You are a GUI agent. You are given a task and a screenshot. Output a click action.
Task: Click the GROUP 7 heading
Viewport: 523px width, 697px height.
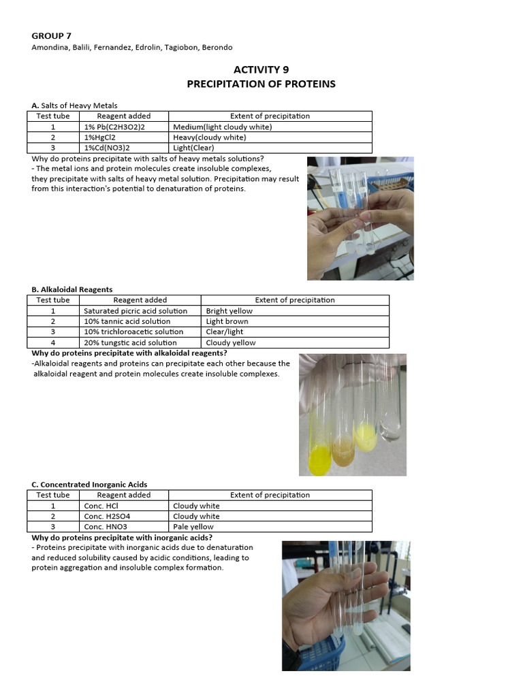[x=51, y=35]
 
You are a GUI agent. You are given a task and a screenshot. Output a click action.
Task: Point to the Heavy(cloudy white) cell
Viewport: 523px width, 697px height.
[x=210, y=137]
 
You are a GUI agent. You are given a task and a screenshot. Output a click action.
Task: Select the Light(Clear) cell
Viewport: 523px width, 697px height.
[x=196, y=148]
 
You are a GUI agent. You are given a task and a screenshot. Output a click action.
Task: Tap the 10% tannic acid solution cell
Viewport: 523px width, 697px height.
[x=127, y=321]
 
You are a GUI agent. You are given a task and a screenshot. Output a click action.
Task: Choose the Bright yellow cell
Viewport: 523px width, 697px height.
[x=229, y=310]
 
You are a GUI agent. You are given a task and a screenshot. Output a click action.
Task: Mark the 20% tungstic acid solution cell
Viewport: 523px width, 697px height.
[x=130, y=343]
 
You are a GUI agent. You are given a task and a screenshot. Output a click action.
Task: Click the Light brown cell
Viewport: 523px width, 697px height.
[x=227, y=321]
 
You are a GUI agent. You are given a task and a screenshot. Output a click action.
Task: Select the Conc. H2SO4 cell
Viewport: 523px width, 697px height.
[x=105, y=516]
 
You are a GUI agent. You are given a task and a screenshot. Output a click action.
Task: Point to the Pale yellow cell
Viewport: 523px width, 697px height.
[x=193, y=527]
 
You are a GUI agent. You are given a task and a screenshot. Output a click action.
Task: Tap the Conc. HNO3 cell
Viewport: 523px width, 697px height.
[x=103, y=527]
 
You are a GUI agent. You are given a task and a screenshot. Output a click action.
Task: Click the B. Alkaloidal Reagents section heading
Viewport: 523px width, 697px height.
[x=72, y=289]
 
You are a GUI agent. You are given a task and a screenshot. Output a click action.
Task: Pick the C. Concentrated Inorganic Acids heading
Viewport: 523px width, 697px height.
[x=89, y=485]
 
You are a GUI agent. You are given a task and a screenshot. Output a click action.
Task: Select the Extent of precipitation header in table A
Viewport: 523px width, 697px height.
[x=270, y=116]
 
